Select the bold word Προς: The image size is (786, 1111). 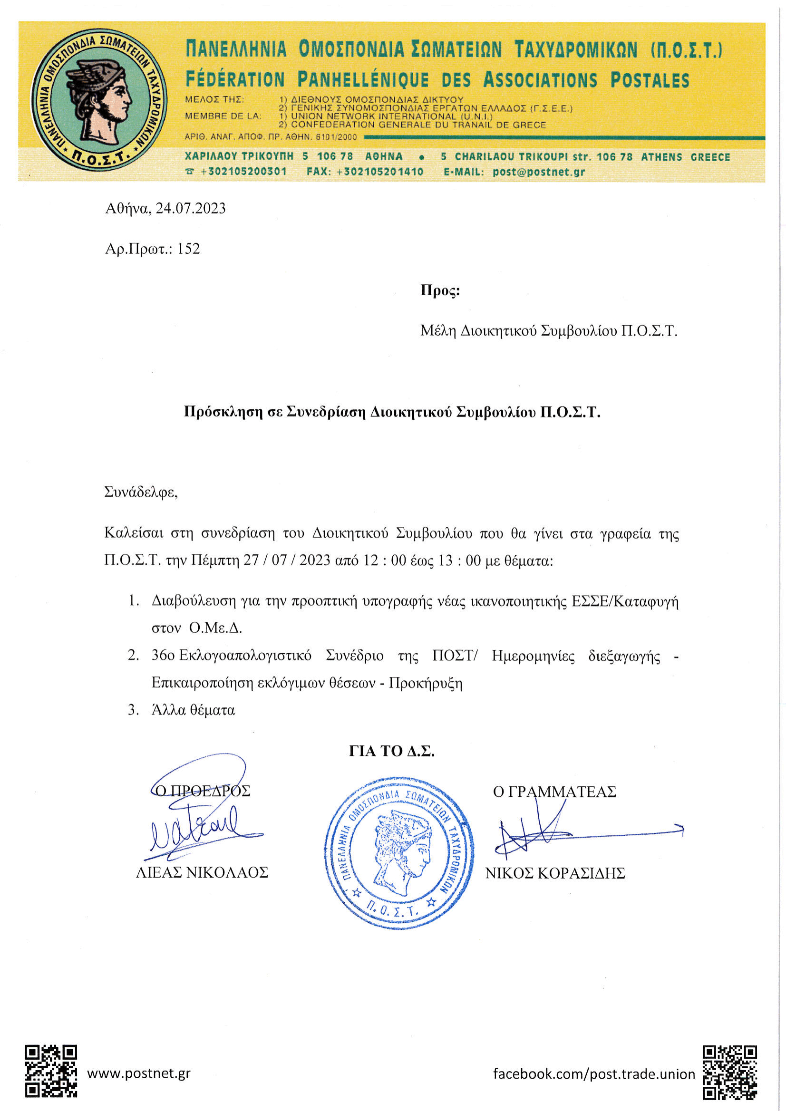(440, 290)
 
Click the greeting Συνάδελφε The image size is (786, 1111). (141, 493)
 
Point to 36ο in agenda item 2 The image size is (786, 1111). (163, 656)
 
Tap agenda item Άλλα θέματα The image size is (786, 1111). (193, 710)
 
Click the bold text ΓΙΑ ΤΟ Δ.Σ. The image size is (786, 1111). (391, 751)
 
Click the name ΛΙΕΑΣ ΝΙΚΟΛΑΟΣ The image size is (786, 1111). (202, 872)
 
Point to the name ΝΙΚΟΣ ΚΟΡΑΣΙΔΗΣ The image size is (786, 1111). (555, 873)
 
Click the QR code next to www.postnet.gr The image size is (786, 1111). (51, 1071)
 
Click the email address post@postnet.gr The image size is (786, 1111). (539, 172)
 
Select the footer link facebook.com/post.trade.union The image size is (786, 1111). (594, 1074)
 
